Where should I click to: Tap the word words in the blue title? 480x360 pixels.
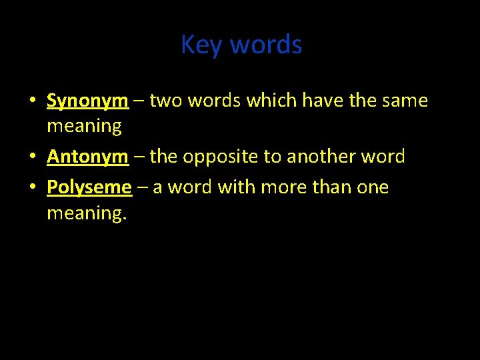[x=266, y=45]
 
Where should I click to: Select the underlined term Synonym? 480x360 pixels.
[x=87, y=101]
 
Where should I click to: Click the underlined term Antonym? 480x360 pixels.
[x=87, y=157]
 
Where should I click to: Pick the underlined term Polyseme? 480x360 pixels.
[x=89, y=187]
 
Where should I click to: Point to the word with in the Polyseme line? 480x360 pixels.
[x=236, y=187]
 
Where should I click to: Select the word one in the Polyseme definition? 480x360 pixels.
[x=373, y=187]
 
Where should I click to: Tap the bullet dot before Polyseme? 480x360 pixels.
[x=32, y=188]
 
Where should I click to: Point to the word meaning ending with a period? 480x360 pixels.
[x=86, y=214]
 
